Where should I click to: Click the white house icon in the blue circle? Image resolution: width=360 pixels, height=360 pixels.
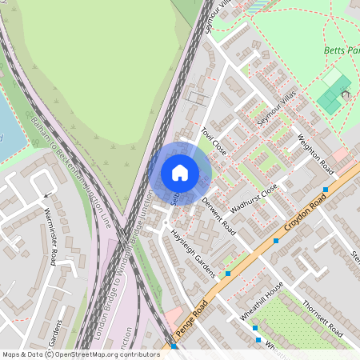[180, 173]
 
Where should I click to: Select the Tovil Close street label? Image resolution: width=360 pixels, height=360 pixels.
[214, 142]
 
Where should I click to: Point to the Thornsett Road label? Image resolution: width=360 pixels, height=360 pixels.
[323, 319]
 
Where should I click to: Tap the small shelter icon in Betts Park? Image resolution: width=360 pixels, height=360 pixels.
[346, 94]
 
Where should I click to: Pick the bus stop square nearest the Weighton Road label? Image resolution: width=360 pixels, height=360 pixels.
[325, 190]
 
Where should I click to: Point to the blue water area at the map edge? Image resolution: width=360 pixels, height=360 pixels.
[10, 128]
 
